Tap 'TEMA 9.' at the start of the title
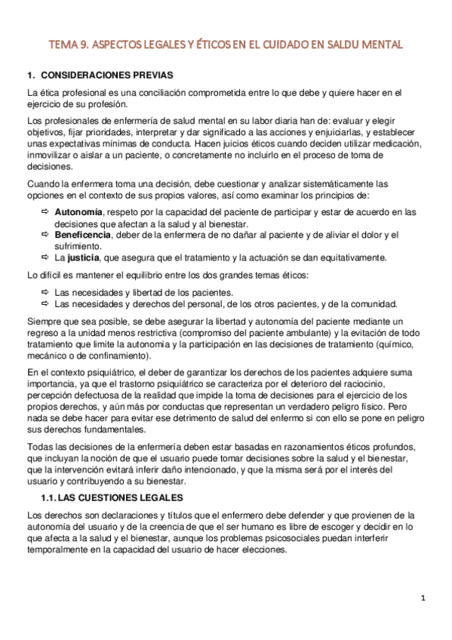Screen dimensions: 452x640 pyautogui.click(x=69, y=45)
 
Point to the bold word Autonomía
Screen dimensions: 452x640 pyautogui.click(x=78, y=212)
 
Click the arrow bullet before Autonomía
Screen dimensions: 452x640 pyautogui.click(x=44, y=212)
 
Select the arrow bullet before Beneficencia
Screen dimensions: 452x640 pyautogui.click(x=44, y=235)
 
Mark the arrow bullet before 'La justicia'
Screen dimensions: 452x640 pyautogui.click(x=44, y=257)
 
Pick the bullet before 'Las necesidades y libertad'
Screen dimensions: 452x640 pyautogui.click(x=44, y=292)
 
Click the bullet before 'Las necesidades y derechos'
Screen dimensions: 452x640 pyautogui.click(x=44, y=303)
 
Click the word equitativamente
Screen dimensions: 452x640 pyautogui.click(x=346, y=257)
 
